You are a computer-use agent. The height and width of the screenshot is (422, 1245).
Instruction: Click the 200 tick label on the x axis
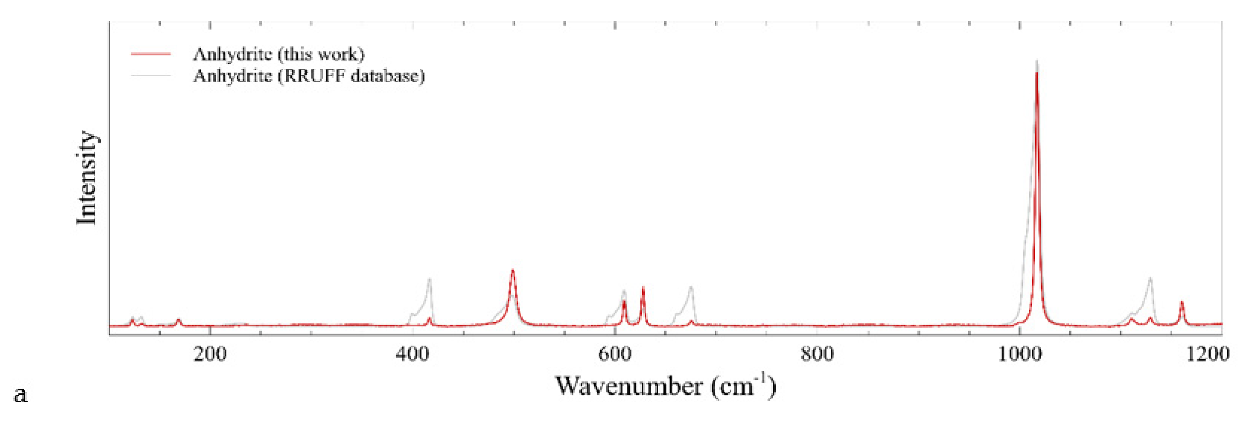[210, 354]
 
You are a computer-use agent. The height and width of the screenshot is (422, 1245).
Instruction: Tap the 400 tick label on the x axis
[412, 354]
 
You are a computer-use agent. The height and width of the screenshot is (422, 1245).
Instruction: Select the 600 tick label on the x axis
[615, 354]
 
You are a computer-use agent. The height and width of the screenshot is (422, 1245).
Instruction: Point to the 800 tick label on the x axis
[817, 354]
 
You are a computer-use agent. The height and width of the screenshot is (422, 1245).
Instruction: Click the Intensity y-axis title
[87, 177]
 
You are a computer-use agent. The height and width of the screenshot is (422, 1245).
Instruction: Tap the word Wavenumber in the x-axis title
[629, 386]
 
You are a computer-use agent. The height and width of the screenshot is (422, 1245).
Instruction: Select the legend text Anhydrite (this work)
[278, 54]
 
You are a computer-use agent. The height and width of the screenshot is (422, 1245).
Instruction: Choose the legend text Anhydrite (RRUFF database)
[308, 76]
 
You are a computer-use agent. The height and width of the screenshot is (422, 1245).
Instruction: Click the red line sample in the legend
[151, 54]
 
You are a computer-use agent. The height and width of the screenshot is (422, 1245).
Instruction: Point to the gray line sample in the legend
[151, 76]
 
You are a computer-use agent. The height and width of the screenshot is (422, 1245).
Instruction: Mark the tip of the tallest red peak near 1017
[1036, 73]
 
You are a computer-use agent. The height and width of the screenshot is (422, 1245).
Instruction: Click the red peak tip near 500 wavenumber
[513, 270]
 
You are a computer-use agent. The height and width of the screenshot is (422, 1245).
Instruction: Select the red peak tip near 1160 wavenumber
[1182, 302]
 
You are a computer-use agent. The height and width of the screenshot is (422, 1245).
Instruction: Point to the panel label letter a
[21, 395]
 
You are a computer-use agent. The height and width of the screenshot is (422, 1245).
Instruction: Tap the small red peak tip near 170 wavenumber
[178, 320]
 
